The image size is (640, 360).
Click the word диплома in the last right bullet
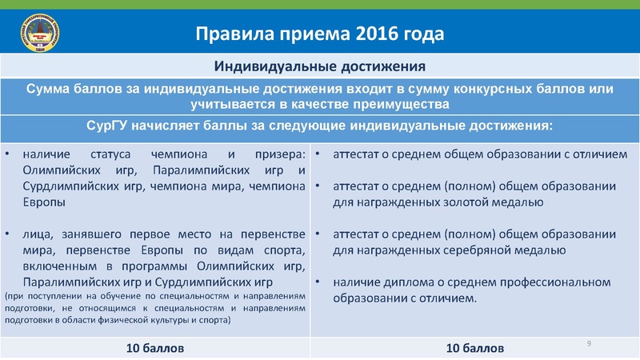click(x=404, y=282)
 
